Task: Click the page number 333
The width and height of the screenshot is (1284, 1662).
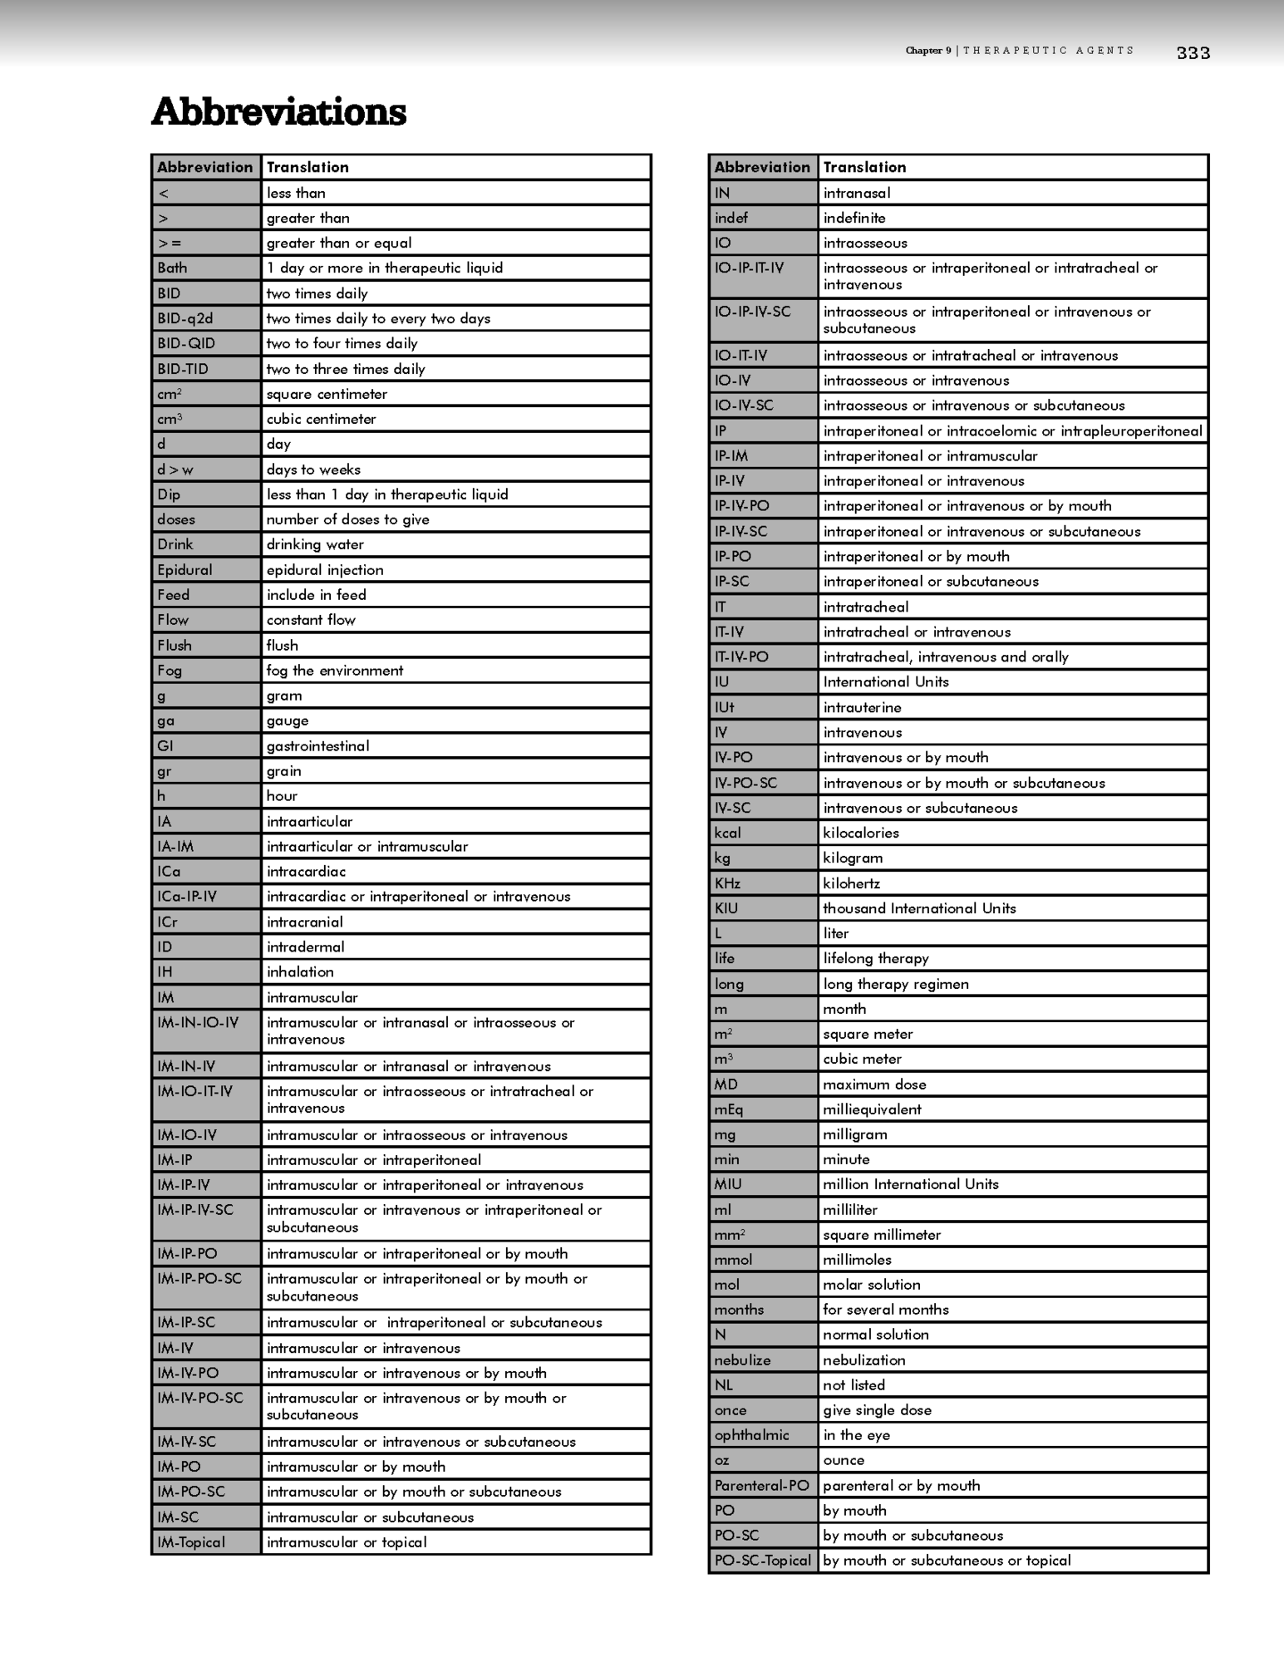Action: tap(1193, 53)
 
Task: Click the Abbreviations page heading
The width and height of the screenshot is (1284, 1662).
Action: tap(278, 112)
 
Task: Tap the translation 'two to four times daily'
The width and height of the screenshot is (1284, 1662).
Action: tap(342, 343)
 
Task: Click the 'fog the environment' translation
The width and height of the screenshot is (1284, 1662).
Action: tap(334, 670)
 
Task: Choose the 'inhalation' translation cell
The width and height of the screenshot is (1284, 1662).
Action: tap(300, 971)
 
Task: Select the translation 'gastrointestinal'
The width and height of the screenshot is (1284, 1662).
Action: tap(317, 745)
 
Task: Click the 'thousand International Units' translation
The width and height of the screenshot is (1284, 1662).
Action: tap(919, 908)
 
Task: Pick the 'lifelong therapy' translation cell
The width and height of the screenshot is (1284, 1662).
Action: tap(876, 958)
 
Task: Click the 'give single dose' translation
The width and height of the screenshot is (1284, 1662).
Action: tap(877, 1409)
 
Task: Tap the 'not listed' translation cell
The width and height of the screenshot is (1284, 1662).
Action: tap(854, 1384)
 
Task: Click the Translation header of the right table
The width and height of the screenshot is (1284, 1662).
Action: tap(864, 167)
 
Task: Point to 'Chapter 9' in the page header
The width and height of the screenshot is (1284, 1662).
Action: tap(928, 51)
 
